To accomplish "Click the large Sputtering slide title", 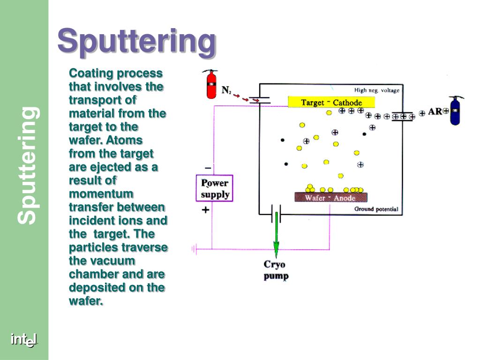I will click(137, 42).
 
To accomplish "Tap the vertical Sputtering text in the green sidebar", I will click(29, 165).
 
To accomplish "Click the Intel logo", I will click(24, 340).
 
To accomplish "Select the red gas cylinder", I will click(211, 85).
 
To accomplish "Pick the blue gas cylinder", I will click(455, 112).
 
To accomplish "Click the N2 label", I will click(226, 90).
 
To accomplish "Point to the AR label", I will click(435, 112).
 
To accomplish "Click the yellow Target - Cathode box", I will click(331, 102).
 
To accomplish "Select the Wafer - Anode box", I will click(330, 197).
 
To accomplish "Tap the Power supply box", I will click(214, 188).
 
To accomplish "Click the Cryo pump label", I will click(276, 270).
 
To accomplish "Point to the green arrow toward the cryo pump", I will click(277, 234).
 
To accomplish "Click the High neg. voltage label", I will click(376, 90).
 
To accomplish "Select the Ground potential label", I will click(376, 209).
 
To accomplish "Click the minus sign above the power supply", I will click(208, 168).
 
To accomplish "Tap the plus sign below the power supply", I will click(205, 210).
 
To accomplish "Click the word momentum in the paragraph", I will click(101, 194).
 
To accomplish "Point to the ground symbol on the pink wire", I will click(193, 249).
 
